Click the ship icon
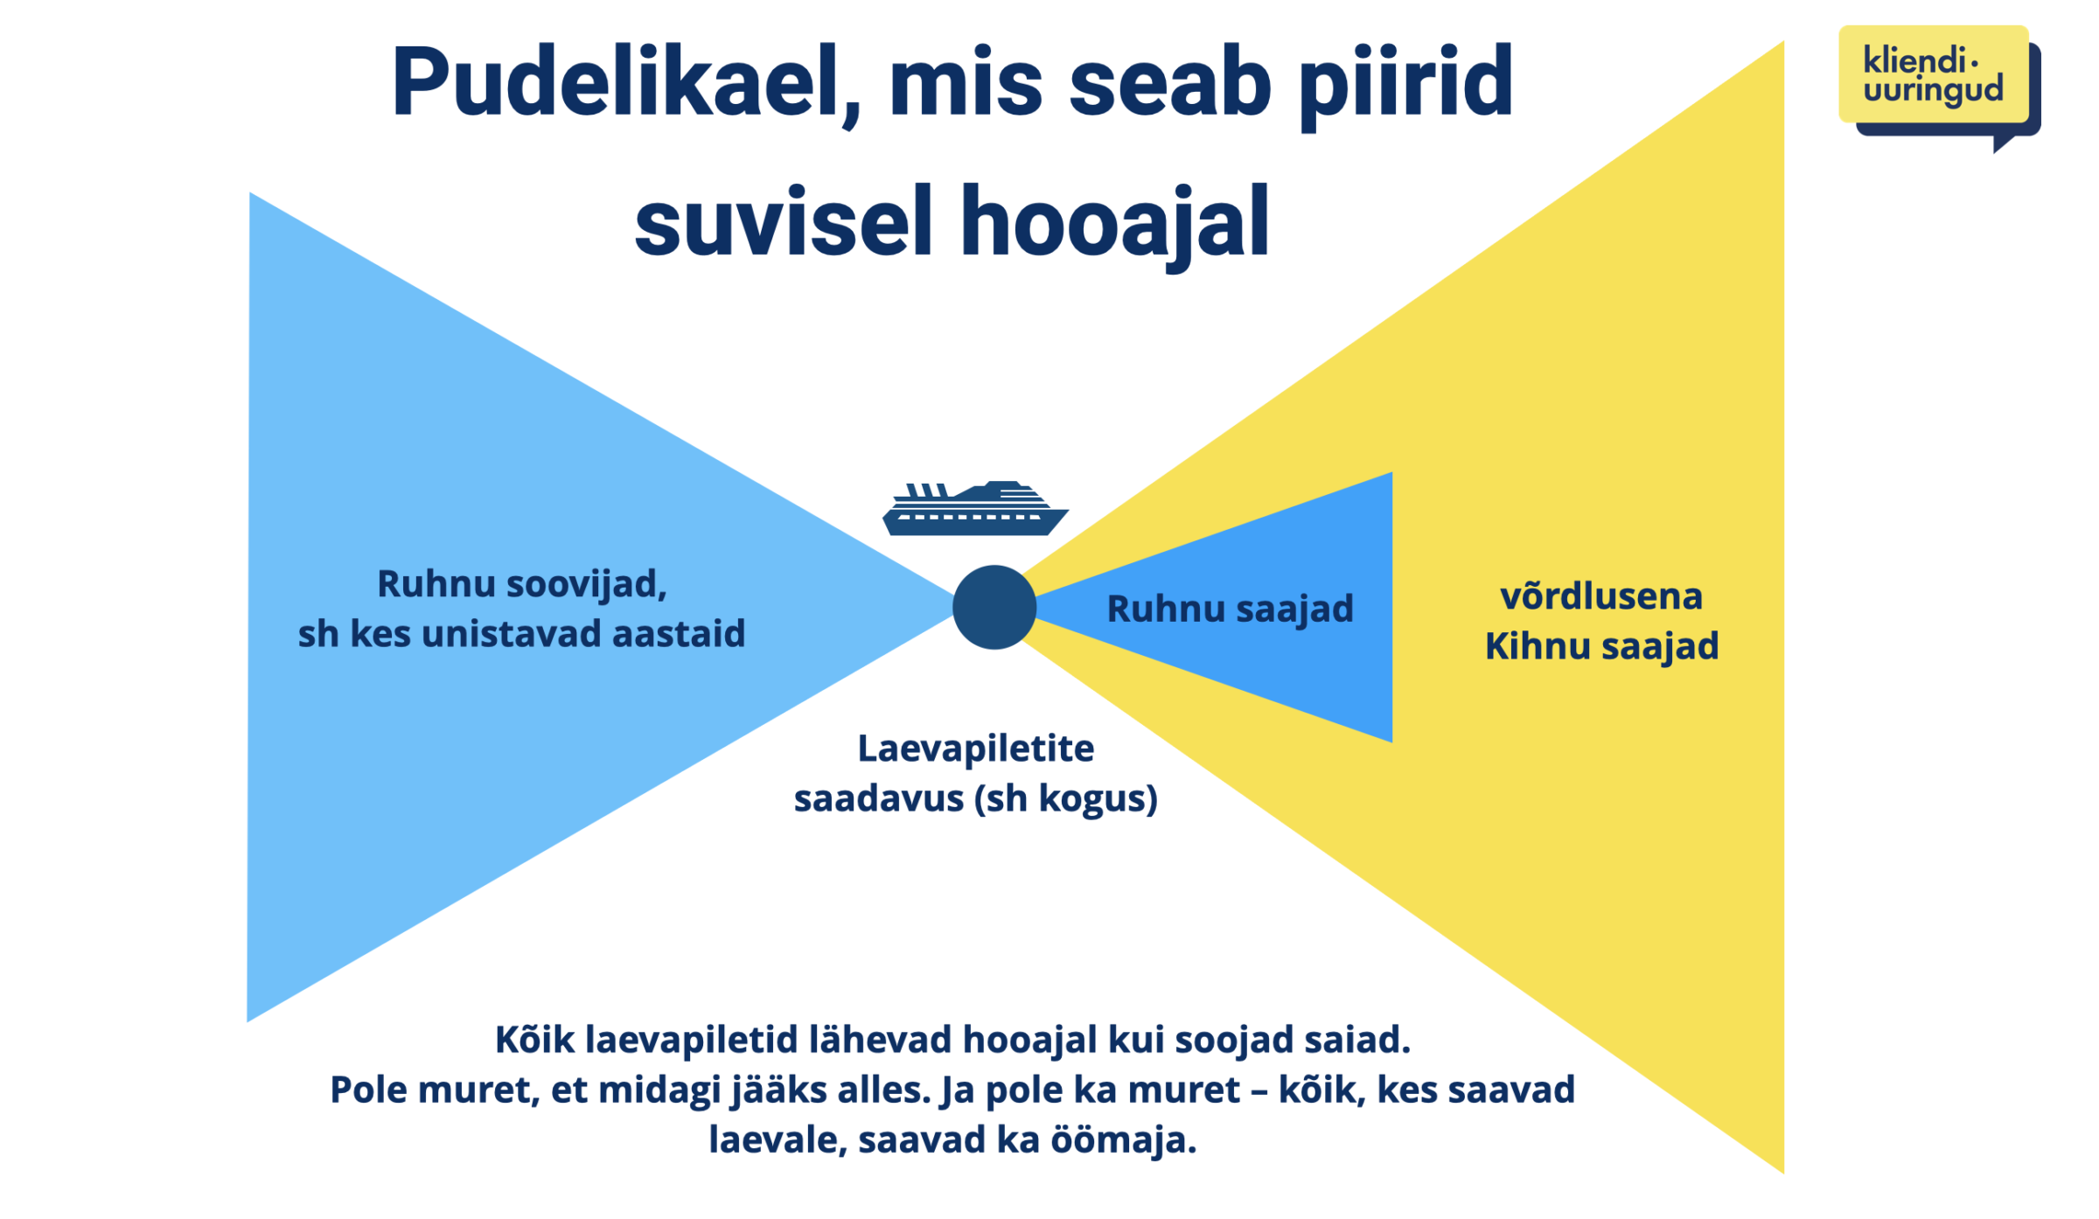click(x=975, y=508)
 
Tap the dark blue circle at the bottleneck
click(x=994, y=607)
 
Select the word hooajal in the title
click(x=1115, y=223)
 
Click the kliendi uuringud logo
click(x=1939, y=86)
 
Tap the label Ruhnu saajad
click(x=1230, y=609)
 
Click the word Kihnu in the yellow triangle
click(x=1538, y=646)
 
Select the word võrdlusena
click(x=1601, y=596)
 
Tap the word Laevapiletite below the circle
click(x=975, y=749)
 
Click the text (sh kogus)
click(x=1066, y=798)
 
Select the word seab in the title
click(x=1170, y=84)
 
